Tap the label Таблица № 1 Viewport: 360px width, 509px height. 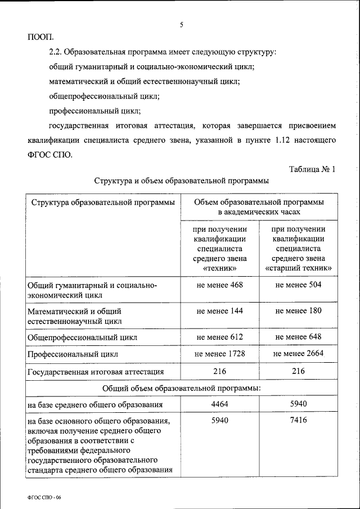(312, 169)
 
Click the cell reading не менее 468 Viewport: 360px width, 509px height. (219, 285)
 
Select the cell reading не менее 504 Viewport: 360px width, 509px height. (298, 285)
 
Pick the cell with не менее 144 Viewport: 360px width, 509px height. (219, 311)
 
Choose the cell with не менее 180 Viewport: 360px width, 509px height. (298, 311)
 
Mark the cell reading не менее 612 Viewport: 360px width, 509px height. (219, 337)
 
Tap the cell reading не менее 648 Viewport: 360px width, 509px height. (298, 337)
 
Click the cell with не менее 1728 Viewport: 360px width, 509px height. (219, 354)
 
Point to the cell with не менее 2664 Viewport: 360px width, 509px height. (298, 354)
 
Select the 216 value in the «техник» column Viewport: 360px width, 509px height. (219, 371)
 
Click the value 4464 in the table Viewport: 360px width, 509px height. (219, 404)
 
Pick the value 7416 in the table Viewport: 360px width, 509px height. (298, 421)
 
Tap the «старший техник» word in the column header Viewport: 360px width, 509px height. (298, 269)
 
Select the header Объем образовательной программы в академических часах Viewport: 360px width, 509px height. (259, 207)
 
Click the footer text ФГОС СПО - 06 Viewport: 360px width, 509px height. (43, 497)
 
